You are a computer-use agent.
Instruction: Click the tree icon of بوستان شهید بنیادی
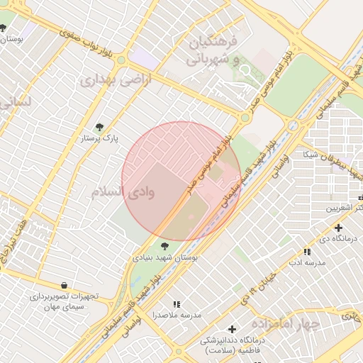165,246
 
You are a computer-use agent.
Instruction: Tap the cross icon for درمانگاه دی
338,228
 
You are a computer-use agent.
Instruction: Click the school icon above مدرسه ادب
306,252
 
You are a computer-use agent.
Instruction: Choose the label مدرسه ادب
306,263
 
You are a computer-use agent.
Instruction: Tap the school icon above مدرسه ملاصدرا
177,303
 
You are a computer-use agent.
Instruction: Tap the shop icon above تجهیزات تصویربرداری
65,285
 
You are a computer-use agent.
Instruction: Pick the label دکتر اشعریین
343,208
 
